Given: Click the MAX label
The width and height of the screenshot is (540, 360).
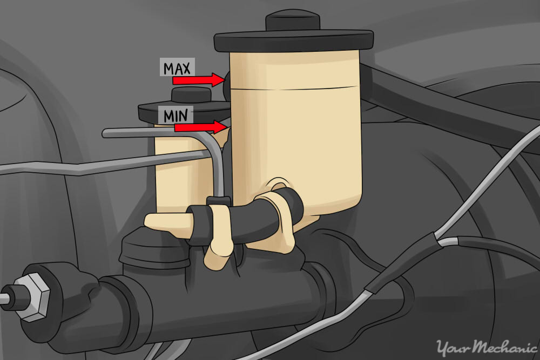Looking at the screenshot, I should coord(178,67).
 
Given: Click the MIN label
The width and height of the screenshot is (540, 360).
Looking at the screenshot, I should coord(175,115).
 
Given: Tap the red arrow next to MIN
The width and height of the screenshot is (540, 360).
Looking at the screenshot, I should coord(199,127).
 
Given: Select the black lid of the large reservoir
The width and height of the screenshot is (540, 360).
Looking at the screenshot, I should coord(294,41).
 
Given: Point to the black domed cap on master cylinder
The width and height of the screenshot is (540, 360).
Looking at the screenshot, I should coord(140,251).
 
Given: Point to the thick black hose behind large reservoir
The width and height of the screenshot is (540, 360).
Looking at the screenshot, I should coord(410,97).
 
